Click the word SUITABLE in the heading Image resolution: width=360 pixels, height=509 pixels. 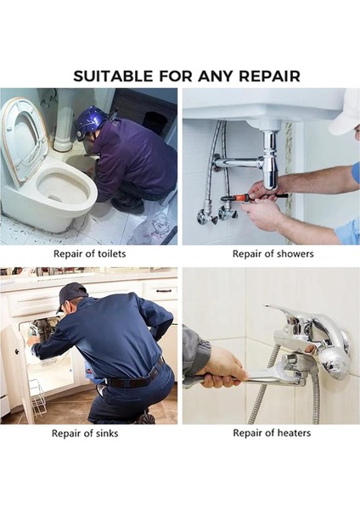[115, 76]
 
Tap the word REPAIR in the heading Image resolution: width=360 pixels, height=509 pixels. [265, 76]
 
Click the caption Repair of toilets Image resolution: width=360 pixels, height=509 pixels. [89, 254]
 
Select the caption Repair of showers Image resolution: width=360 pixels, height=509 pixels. [272, 254]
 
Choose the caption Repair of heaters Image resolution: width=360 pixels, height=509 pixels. [272, 433]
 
